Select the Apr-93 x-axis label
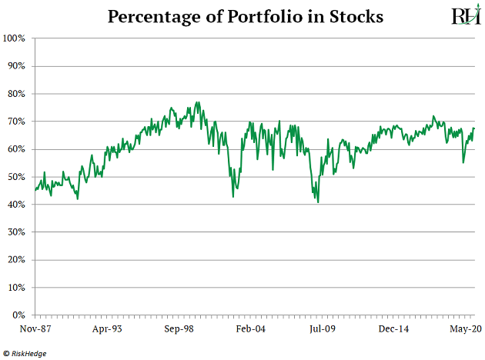point(106,329)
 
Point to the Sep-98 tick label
point(178,329)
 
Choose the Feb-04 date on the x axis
point(250,329)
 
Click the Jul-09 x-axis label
point(322,329)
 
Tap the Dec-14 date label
point(393,329)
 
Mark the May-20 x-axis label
point(465,329)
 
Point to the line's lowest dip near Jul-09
point(318,202)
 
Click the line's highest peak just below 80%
point(198,102)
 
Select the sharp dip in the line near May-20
point(463,162)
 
